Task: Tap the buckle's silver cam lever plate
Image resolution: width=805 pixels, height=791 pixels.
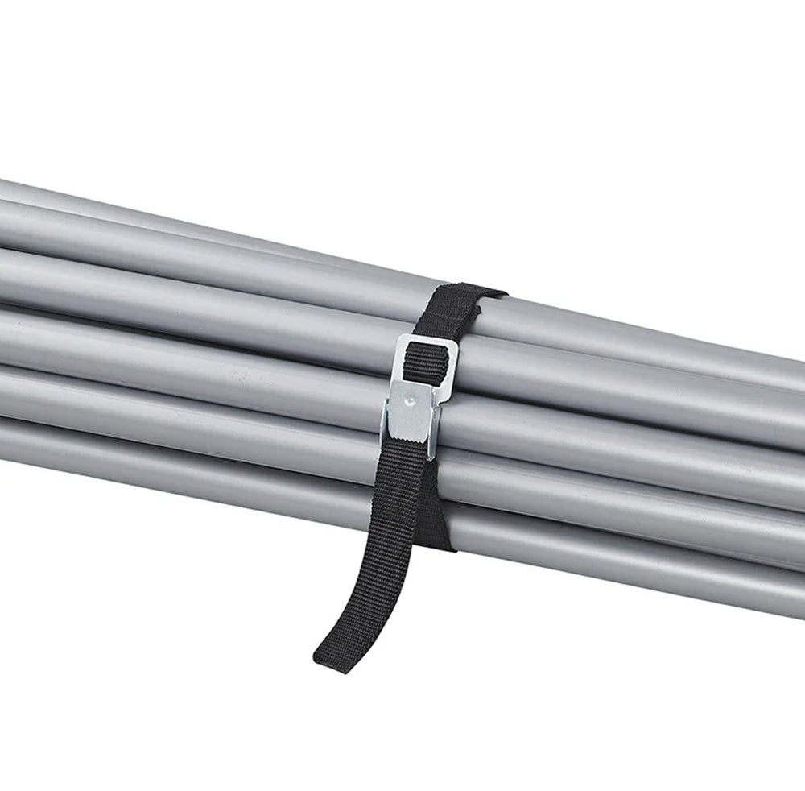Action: pos(412,407)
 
